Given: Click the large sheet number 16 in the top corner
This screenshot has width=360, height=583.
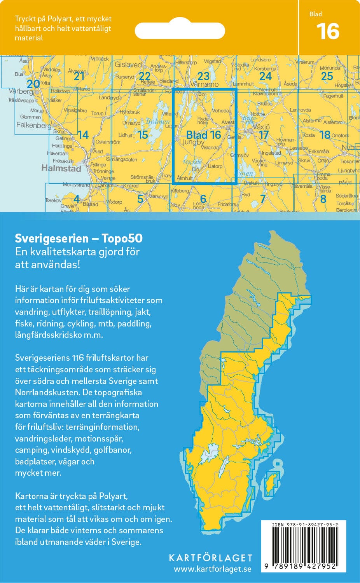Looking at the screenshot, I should point(328,31).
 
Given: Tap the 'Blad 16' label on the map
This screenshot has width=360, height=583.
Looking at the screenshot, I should point(203,135).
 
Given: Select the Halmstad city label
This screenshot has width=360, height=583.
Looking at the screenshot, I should point(61,168).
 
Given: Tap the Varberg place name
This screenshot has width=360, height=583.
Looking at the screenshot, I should point(21,91).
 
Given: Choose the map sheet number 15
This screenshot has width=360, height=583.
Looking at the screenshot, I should point(143,135).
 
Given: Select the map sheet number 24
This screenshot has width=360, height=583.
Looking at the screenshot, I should point(265,76).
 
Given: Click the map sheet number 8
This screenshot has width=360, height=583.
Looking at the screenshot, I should point(323,199).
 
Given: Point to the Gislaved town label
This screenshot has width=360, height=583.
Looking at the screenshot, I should point(128,65).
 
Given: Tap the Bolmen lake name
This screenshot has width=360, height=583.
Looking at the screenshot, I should point(157,122).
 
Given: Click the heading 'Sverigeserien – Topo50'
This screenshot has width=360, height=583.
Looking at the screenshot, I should point(79,238).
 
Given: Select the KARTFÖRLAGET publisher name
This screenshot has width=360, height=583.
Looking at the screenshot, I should point(210,558).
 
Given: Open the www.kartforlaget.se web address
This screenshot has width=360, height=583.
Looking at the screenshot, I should point(212,569).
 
